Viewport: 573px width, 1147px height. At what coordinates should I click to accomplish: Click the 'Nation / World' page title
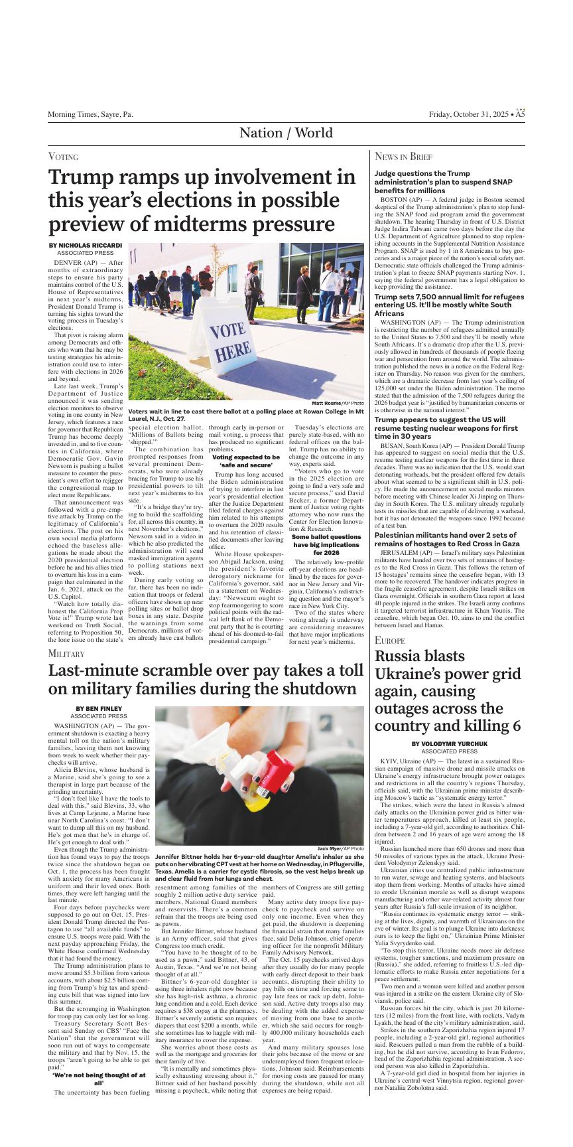point(286,133)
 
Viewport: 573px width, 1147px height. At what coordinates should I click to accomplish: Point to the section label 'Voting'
point(64,157)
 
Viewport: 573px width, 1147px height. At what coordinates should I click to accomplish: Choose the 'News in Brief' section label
point(404,157)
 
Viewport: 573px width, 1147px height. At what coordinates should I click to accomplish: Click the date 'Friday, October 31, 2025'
point(468,115)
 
